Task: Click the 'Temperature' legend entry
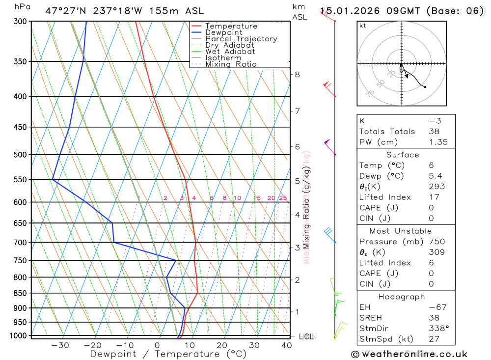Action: (231, 26)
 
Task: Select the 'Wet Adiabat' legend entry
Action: (230, 52)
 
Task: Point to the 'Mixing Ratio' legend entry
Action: (231, 64)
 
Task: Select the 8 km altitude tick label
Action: (297, 75)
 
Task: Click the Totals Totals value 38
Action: (434, 132)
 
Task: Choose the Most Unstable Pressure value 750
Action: (436, 242)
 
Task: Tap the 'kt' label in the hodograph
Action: (363, 26)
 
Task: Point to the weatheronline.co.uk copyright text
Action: (409, 354)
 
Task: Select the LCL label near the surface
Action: (306, 337)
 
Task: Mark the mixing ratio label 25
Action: (283, 198)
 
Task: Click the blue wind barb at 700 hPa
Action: (330, 233)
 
